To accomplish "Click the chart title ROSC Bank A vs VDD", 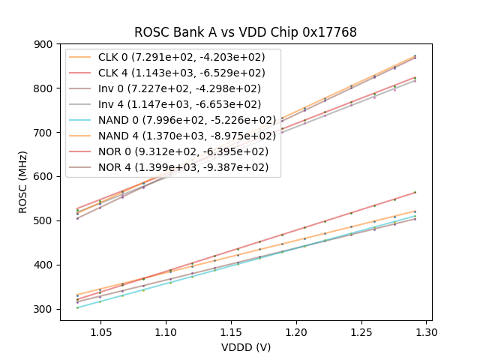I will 245,32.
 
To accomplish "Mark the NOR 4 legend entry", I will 184,167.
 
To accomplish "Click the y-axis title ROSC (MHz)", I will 22,181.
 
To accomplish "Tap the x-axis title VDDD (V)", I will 245,347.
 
